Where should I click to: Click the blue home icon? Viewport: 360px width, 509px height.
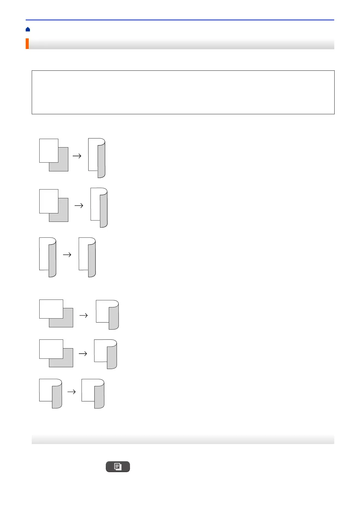[28, 29]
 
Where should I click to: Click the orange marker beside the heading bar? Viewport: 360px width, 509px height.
[27, 44]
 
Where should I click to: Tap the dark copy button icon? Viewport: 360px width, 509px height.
[118, 466]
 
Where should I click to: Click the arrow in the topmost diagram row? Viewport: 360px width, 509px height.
[77, 156]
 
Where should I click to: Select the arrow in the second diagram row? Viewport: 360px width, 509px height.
[79, 206]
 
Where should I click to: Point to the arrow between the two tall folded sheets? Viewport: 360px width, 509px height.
[67, 255]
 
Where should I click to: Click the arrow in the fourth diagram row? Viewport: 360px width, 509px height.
[83, 316]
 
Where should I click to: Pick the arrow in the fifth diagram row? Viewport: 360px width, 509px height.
[83, 354]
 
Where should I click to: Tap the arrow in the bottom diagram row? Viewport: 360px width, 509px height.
[71, 392]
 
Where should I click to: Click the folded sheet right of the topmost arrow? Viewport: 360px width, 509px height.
[97, 158]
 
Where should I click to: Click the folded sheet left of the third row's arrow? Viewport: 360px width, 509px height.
[48, 257]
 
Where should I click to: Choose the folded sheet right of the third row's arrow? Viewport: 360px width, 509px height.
[87, 257]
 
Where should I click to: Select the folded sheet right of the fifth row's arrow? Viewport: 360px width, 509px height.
[105, 354]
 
